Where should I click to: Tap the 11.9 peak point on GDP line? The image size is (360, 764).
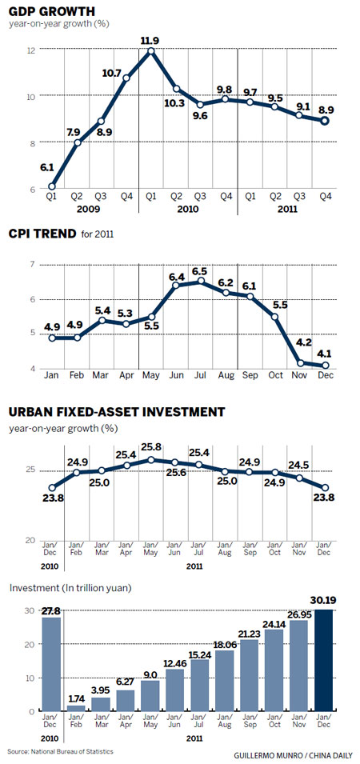pyautogui.click(x=151, y=50)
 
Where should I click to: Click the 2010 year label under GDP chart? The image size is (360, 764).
pyautogui.click(x=189, y=210)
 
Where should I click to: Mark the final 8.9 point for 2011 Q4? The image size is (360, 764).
pyautogui.click(x=324, y=121)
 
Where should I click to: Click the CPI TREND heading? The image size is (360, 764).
pyautogui.click(x=43, y=234)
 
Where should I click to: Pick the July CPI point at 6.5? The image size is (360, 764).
pyautogui.click(x=201, y=281)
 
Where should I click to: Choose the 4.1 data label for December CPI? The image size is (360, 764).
pyautogui.click(x=325, y=354)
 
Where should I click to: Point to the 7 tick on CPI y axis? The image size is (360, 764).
pyautogui.click(x=32, y=265)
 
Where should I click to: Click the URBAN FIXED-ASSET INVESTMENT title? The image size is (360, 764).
pyautogui.click(x=117, y=412)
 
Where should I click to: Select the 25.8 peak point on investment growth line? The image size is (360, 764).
pyautogui.click(x=151, y=460)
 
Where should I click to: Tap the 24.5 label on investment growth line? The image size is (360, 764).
pyautogui.click(x=299, y=465)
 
